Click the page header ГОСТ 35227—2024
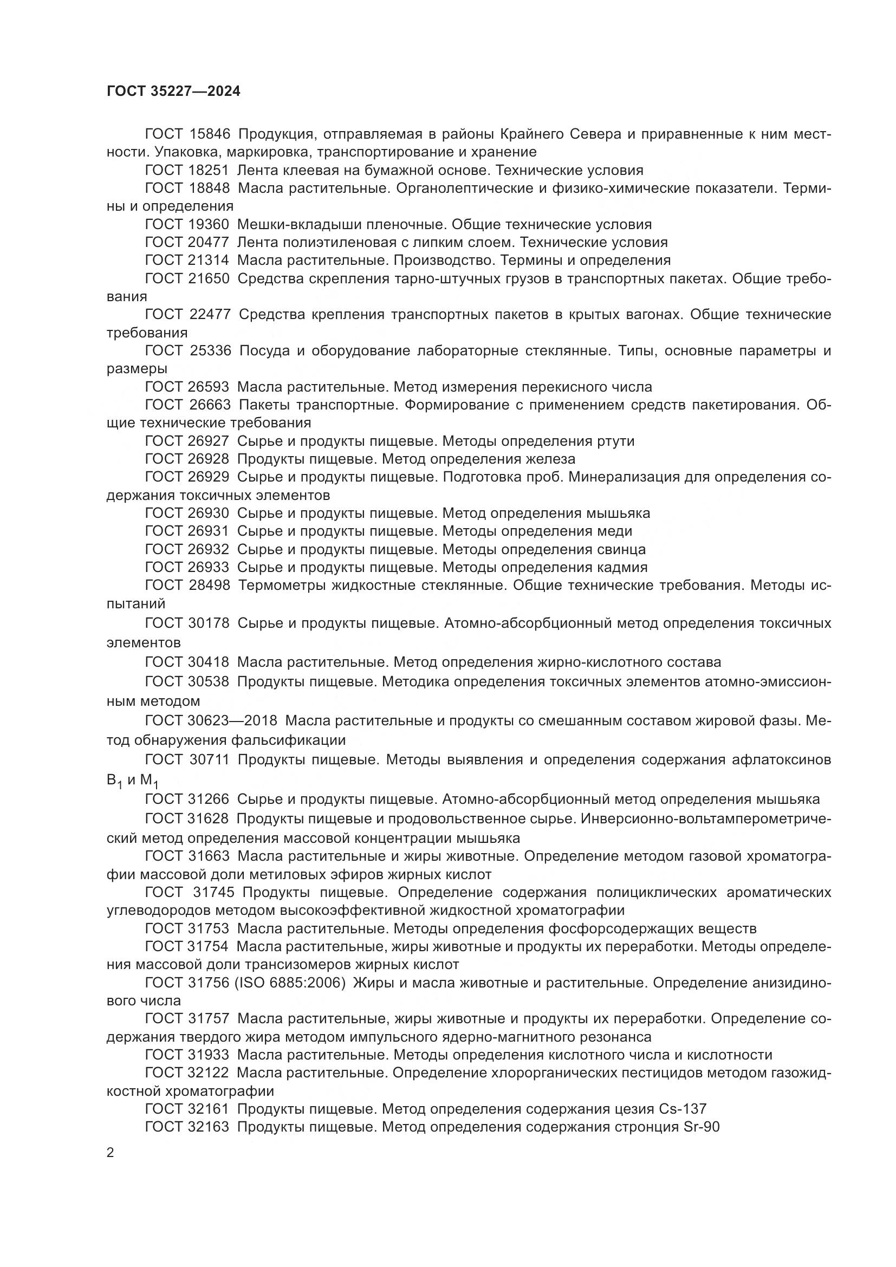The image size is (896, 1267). tap(173, 92)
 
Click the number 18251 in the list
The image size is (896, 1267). tap(209, 171)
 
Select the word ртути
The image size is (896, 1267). tap(616, 441)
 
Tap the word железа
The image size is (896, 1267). tap(550, 459)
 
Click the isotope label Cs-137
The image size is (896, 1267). tap(683, 1109)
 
